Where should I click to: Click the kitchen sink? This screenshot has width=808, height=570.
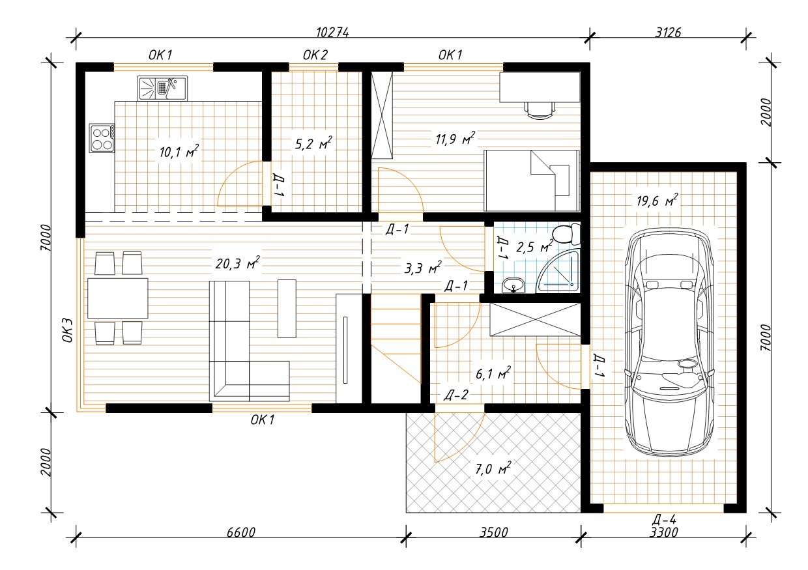pos(162,89)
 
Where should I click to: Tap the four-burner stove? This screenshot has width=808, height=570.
pos(102,139)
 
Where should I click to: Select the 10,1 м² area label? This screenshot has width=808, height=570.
pos(179,151)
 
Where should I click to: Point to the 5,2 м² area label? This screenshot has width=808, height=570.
pos(313,143)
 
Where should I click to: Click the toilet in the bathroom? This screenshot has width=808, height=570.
pos(567,234)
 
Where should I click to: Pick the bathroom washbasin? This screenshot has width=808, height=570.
pos(513,285)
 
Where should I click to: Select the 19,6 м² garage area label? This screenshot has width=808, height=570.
pos(657,200)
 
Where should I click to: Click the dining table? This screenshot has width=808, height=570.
pos(117,298)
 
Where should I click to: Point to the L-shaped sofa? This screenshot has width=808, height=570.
pos(249,341)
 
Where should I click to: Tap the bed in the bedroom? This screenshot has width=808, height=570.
pos(532,180)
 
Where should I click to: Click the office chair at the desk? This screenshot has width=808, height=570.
pos(540,110)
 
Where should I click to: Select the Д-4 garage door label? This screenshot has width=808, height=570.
pos(664,520)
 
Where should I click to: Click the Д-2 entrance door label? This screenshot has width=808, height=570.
pos(456,395)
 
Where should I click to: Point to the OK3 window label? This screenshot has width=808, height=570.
pos(68,330)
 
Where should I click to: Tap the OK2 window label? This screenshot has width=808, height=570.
pos(315,55)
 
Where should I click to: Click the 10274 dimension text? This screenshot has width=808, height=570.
pos(332,33)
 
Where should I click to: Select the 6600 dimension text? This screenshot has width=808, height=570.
pos(241,532)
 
